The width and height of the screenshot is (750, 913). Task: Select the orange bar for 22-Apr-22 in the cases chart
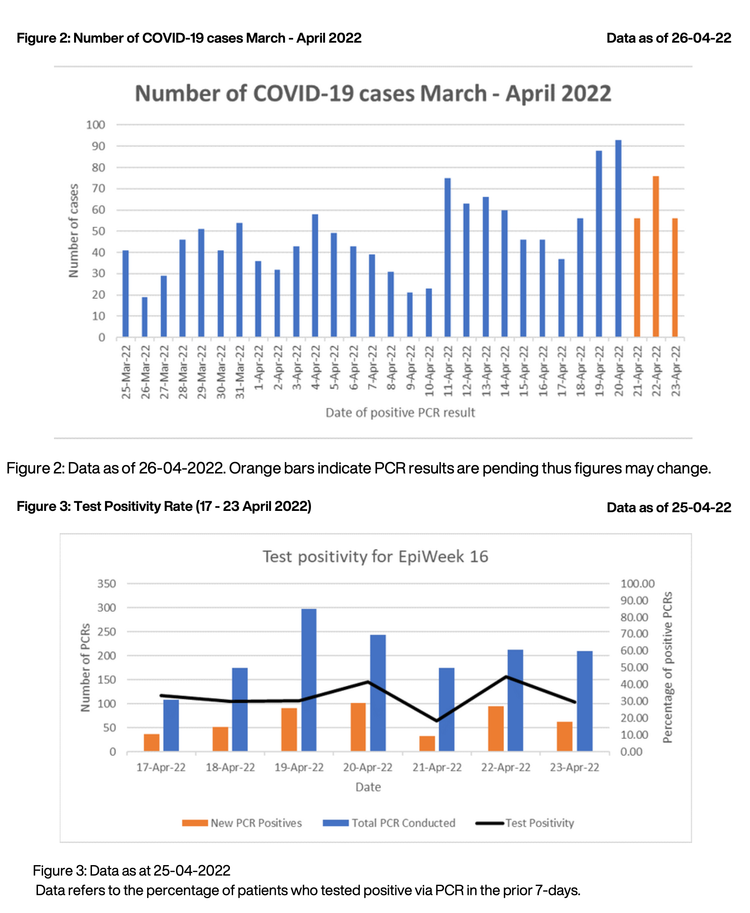[x=656, y=256]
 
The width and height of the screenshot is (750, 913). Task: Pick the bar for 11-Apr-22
[x=447, y=257]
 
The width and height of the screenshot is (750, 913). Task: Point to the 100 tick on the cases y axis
[x=96, y=125]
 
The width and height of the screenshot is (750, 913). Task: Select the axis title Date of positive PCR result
[x=400, y=413]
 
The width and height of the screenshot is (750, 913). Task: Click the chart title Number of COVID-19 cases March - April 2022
[x=373, y=94]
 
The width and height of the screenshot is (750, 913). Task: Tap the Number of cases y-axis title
[x=74, y=231]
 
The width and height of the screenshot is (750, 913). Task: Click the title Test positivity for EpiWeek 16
[x=375, y=557]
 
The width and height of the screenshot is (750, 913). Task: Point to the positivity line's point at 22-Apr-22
[x=506, y=677]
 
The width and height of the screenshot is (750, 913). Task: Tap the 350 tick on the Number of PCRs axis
[x=107, y=584]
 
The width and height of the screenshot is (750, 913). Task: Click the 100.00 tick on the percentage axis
[x=637, y=584]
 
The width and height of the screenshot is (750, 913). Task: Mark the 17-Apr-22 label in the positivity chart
[x=161, y=767]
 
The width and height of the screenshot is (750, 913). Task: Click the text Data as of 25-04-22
[x=669, y=507]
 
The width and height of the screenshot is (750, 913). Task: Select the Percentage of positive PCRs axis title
[x=668, y=667]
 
